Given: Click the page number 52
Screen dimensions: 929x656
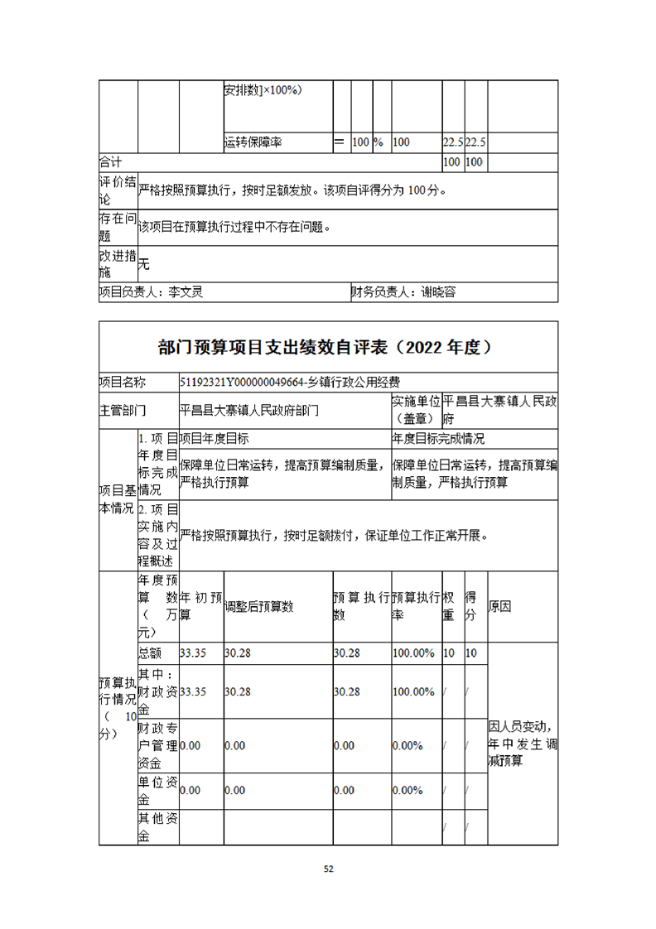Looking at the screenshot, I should pyautogui.click(x=328, y=869).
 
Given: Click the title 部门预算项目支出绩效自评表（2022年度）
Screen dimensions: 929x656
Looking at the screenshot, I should pyautogui.click(x=328, y=347).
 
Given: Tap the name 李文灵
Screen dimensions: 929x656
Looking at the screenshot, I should pyautogui.click(x=186, y=291).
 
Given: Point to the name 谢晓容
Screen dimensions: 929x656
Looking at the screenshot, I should pyautogui.click(x=438, y=291).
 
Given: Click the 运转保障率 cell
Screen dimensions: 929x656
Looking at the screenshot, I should pyautogui.click(x=253, y=142).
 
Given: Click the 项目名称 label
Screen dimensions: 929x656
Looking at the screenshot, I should pyautogui.click(x=123, y=383).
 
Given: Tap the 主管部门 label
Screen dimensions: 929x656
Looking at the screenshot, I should pyautogui.click(x=123, y=410).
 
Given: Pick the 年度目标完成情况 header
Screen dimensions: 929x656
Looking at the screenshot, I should pyautogui.click(x=438, y=439).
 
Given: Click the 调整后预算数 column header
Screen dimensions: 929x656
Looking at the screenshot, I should pyautogui.click(x=259, y=606).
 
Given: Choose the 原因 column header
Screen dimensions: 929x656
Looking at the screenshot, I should pyautogui.click(x=500, y=606).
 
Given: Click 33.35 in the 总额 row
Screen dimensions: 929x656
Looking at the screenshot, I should pyautogui.click(x=193, y=653).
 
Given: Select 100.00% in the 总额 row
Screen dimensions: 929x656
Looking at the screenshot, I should pyautogui.click(x=413, y=653).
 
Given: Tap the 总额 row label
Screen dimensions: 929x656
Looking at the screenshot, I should pyautogui.click(x=150, y=653).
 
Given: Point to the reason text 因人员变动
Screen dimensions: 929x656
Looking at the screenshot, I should pyautogui.click(x=520, y=729).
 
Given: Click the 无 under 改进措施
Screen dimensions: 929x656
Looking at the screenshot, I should pyautogui.click(x=144, y=265).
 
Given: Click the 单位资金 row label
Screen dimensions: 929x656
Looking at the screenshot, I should pyautogui.click(x=157, y=791).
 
